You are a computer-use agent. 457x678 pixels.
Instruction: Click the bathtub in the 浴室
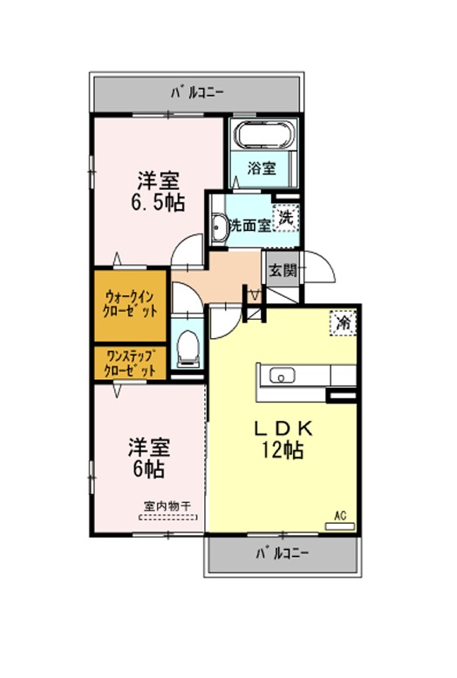[264, 134]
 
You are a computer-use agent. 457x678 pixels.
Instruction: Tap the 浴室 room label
[262, 168]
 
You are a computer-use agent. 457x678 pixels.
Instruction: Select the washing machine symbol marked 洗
[286, 218]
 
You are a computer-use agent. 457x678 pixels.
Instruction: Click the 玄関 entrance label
[283, 271]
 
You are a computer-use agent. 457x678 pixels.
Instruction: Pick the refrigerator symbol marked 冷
[343, 322]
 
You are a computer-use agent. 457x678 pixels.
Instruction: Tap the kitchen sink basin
[283, 376]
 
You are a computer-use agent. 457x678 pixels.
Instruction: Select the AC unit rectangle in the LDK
[340, 526]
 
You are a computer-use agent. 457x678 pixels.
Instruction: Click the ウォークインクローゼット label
[130, 304]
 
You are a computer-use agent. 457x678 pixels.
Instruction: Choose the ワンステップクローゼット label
[130, 363]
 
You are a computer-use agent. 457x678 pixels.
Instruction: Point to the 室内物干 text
[167, 506]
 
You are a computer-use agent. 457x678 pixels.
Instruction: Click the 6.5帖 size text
[158, 202]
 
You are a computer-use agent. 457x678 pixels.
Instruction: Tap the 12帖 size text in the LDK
[282, 451]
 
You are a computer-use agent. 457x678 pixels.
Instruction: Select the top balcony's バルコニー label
[197, 92]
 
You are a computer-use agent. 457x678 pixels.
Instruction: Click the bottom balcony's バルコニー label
[283, 553]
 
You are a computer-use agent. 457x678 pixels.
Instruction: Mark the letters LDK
[283, 428]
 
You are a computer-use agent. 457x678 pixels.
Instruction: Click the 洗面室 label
[250, 226]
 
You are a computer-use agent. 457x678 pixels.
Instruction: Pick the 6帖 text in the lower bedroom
[148, 469]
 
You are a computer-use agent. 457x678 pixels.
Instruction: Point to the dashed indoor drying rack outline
[168, 517]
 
